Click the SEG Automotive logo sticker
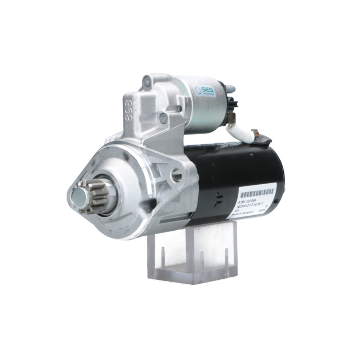coord(204,90)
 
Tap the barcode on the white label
coord(257,192)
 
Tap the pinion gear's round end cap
coord(80,198)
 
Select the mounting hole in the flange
coord(176,175)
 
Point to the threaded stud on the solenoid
coord(230,89)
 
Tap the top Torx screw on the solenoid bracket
coord(147,81)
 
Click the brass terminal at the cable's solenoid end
coord(231,117)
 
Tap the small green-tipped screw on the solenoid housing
coord(179,108)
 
